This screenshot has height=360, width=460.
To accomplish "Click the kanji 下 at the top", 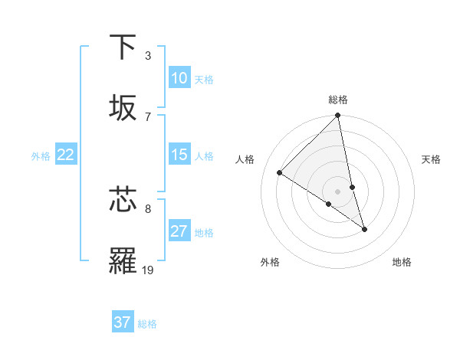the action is click(x=123, y=47).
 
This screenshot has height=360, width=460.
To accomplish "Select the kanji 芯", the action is click(x=123, y=201).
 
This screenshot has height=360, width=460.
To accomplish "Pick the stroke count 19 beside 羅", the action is click(x=147, y=270).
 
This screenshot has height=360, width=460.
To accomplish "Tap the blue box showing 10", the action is click(x=179, y=78).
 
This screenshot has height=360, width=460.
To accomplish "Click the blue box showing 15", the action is click(x=179, y=155).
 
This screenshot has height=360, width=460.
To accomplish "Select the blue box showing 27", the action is click(x=179, y=231).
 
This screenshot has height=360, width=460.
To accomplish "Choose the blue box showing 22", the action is click(x=66, y=155).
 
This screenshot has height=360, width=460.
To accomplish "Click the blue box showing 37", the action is click(x=122, y=322).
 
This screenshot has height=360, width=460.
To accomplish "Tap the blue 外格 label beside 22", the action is click(x=41, y=156).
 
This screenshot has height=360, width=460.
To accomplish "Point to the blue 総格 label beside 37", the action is click(x=147, y=324).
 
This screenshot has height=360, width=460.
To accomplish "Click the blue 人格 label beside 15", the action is click(x=204, y=156).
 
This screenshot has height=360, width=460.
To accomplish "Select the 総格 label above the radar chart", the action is click(x=338, y=100).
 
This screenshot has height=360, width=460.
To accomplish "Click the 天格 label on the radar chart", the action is click(x=431, y=159).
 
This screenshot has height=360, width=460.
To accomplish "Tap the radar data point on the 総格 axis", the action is click(x=338, y=116).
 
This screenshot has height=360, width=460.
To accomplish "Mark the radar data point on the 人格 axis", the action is click(x=279, y=172).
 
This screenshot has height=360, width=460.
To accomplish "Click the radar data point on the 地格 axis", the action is click(x=364, y=228).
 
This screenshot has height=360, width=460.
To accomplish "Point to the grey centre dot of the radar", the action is click(x=338, y=191).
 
